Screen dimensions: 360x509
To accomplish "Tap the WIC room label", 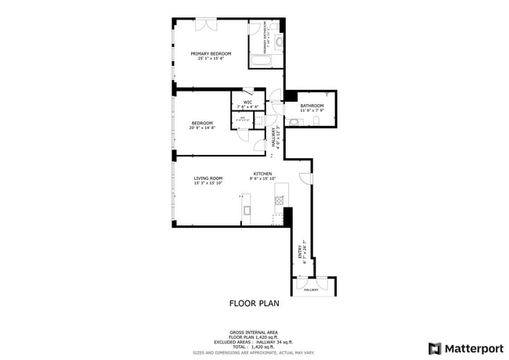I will pos(247,102).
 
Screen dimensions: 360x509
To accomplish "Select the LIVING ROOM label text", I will pos(208,178).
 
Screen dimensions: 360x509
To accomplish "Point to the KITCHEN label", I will pos(262,174).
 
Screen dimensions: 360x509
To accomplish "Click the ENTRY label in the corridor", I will pos(300,250).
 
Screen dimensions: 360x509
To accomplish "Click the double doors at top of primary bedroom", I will pos(207,24).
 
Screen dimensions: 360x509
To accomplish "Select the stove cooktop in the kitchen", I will pos(279,201).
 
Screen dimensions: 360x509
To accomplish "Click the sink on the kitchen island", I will pos(245,209).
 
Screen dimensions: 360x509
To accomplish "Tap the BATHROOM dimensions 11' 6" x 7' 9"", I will pos(312,110).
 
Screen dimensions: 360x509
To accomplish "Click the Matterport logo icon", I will pos(435,348).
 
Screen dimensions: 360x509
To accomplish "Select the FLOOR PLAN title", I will pos(254,303).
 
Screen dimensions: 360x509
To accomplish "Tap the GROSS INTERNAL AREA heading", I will pos(253,333).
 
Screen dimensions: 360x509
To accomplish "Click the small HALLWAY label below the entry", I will pos(311,290).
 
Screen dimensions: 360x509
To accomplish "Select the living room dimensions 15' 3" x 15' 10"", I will pos(208,183).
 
